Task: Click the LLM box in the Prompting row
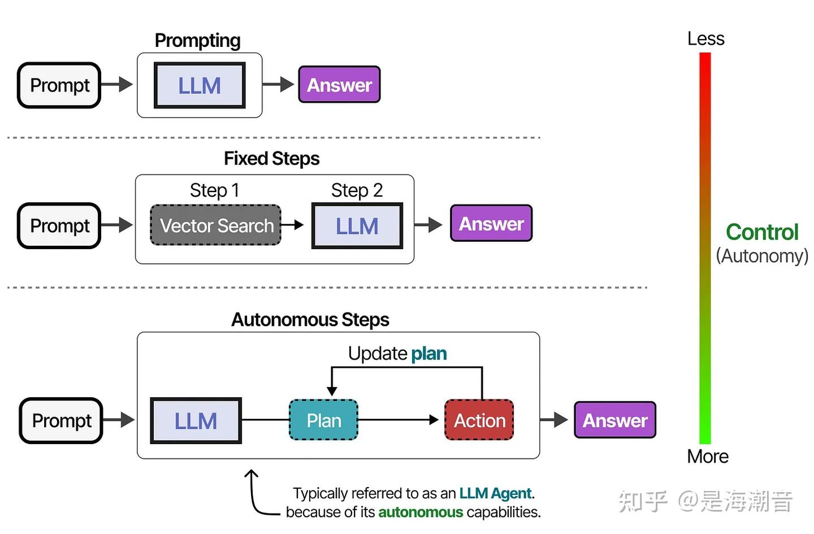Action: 199,85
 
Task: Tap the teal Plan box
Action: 323,420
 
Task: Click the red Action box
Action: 479,420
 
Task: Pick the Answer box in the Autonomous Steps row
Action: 615,420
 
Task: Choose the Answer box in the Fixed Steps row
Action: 491,224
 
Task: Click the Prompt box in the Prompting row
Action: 59,85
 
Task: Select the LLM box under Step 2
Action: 357,226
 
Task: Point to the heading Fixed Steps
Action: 271,159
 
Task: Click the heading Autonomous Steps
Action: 310,320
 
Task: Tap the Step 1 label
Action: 214,190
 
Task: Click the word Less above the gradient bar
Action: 705,38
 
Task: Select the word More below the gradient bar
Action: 707,457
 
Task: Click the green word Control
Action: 762,232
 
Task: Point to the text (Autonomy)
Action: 762,256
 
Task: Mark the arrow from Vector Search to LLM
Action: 292,225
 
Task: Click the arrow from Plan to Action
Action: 399,420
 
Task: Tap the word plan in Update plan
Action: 428,354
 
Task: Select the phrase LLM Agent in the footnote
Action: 495,493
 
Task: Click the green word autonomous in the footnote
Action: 420,513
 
